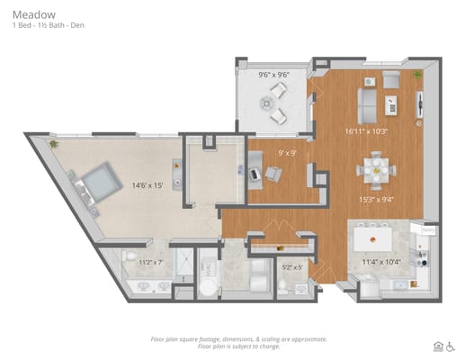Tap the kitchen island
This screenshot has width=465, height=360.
point(371,239)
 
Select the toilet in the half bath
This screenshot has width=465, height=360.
point(282,285)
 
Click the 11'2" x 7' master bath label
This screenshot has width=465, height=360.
point(150,263)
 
